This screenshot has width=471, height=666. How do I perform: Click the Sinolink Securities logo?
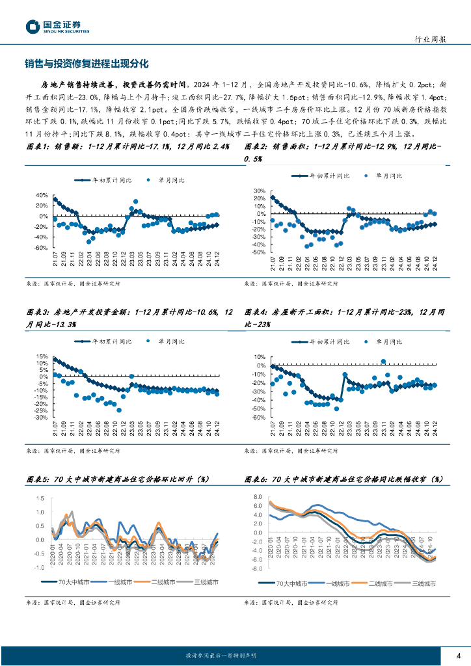(57, 26)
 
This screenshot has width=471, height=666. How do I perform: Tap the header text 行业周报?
(430, 39)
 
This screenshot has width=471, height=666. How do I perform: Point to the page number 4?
(459, 655)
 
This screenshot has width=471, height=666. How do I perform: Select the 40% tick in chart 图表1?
(40, 195)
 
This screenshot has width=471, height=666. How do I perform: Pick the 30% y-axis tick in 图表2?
(258, 191)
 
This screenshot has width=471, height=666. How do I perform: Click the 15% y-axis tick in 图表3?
(41, 356)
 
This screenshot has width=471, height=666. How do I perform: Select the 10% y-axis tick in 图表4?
(258, 357)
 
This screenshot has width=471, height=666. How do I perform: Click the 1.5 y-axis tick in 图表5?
(40, 499)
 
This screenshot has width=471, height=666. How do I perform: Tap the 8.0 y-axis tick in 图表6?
(257, 497)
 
